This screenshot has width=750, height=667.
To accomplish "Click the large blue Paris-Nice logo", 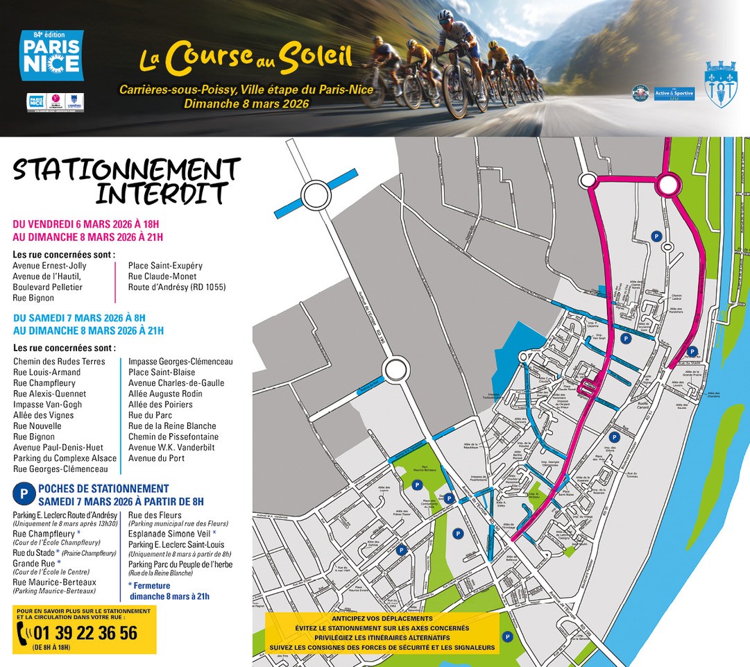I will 51,56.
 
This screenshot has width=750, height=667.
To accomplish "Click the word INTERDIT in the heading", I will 162,194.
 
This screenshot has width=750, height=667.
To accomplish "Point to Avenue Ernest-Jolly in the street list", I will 49,266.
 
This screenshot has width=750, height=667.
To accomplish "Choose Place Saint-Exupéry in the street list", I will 165,266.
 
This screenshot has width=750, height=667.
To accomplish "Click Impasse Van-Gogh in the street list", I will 47,405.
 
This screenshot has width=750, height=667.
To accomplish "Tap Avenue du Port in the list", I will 156,458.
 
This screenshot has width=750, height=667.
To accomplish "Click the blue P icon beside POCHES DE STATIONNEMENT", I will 23,494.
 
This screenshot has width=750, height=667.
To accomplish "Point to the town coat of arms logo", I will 721,84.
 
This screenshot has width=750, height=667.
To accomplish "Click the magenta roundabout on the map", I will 669,185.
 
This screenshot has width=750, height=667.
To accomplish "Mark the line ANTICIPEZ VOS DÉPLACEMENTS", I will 382,618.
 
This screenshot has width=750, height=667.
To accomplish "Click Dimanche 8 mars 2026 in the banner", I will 246,103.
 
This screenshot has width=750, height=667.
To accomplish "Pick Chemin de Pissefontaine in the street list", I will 173,437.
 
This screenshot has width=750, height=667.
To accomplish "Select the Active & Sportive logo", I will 674,93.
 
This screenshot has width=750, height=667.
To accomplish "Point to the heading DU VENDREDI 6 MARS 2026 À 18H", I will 86,224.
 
